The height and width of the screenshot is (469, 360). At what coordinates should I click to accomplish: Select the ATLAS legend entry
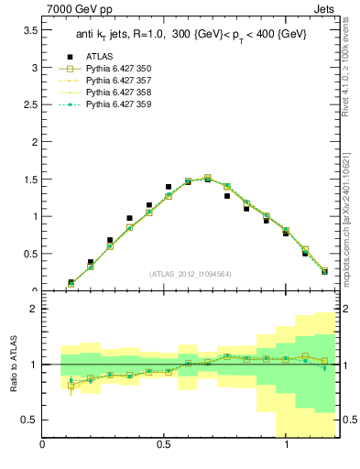click(99, 57)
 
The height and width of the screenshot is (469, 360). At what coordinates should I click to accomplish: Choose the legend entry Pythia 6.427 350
click(118, 69)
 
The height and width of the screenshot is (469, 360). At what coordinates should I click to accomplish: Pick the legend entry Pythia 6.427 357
click(118, 81)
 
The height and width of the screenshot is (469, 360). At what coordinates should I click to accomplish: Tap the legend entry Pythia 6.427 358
click(118, 93)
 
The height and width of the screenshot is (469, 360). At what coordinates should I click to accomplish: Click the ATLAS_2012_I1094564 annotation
click(189, 273)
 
